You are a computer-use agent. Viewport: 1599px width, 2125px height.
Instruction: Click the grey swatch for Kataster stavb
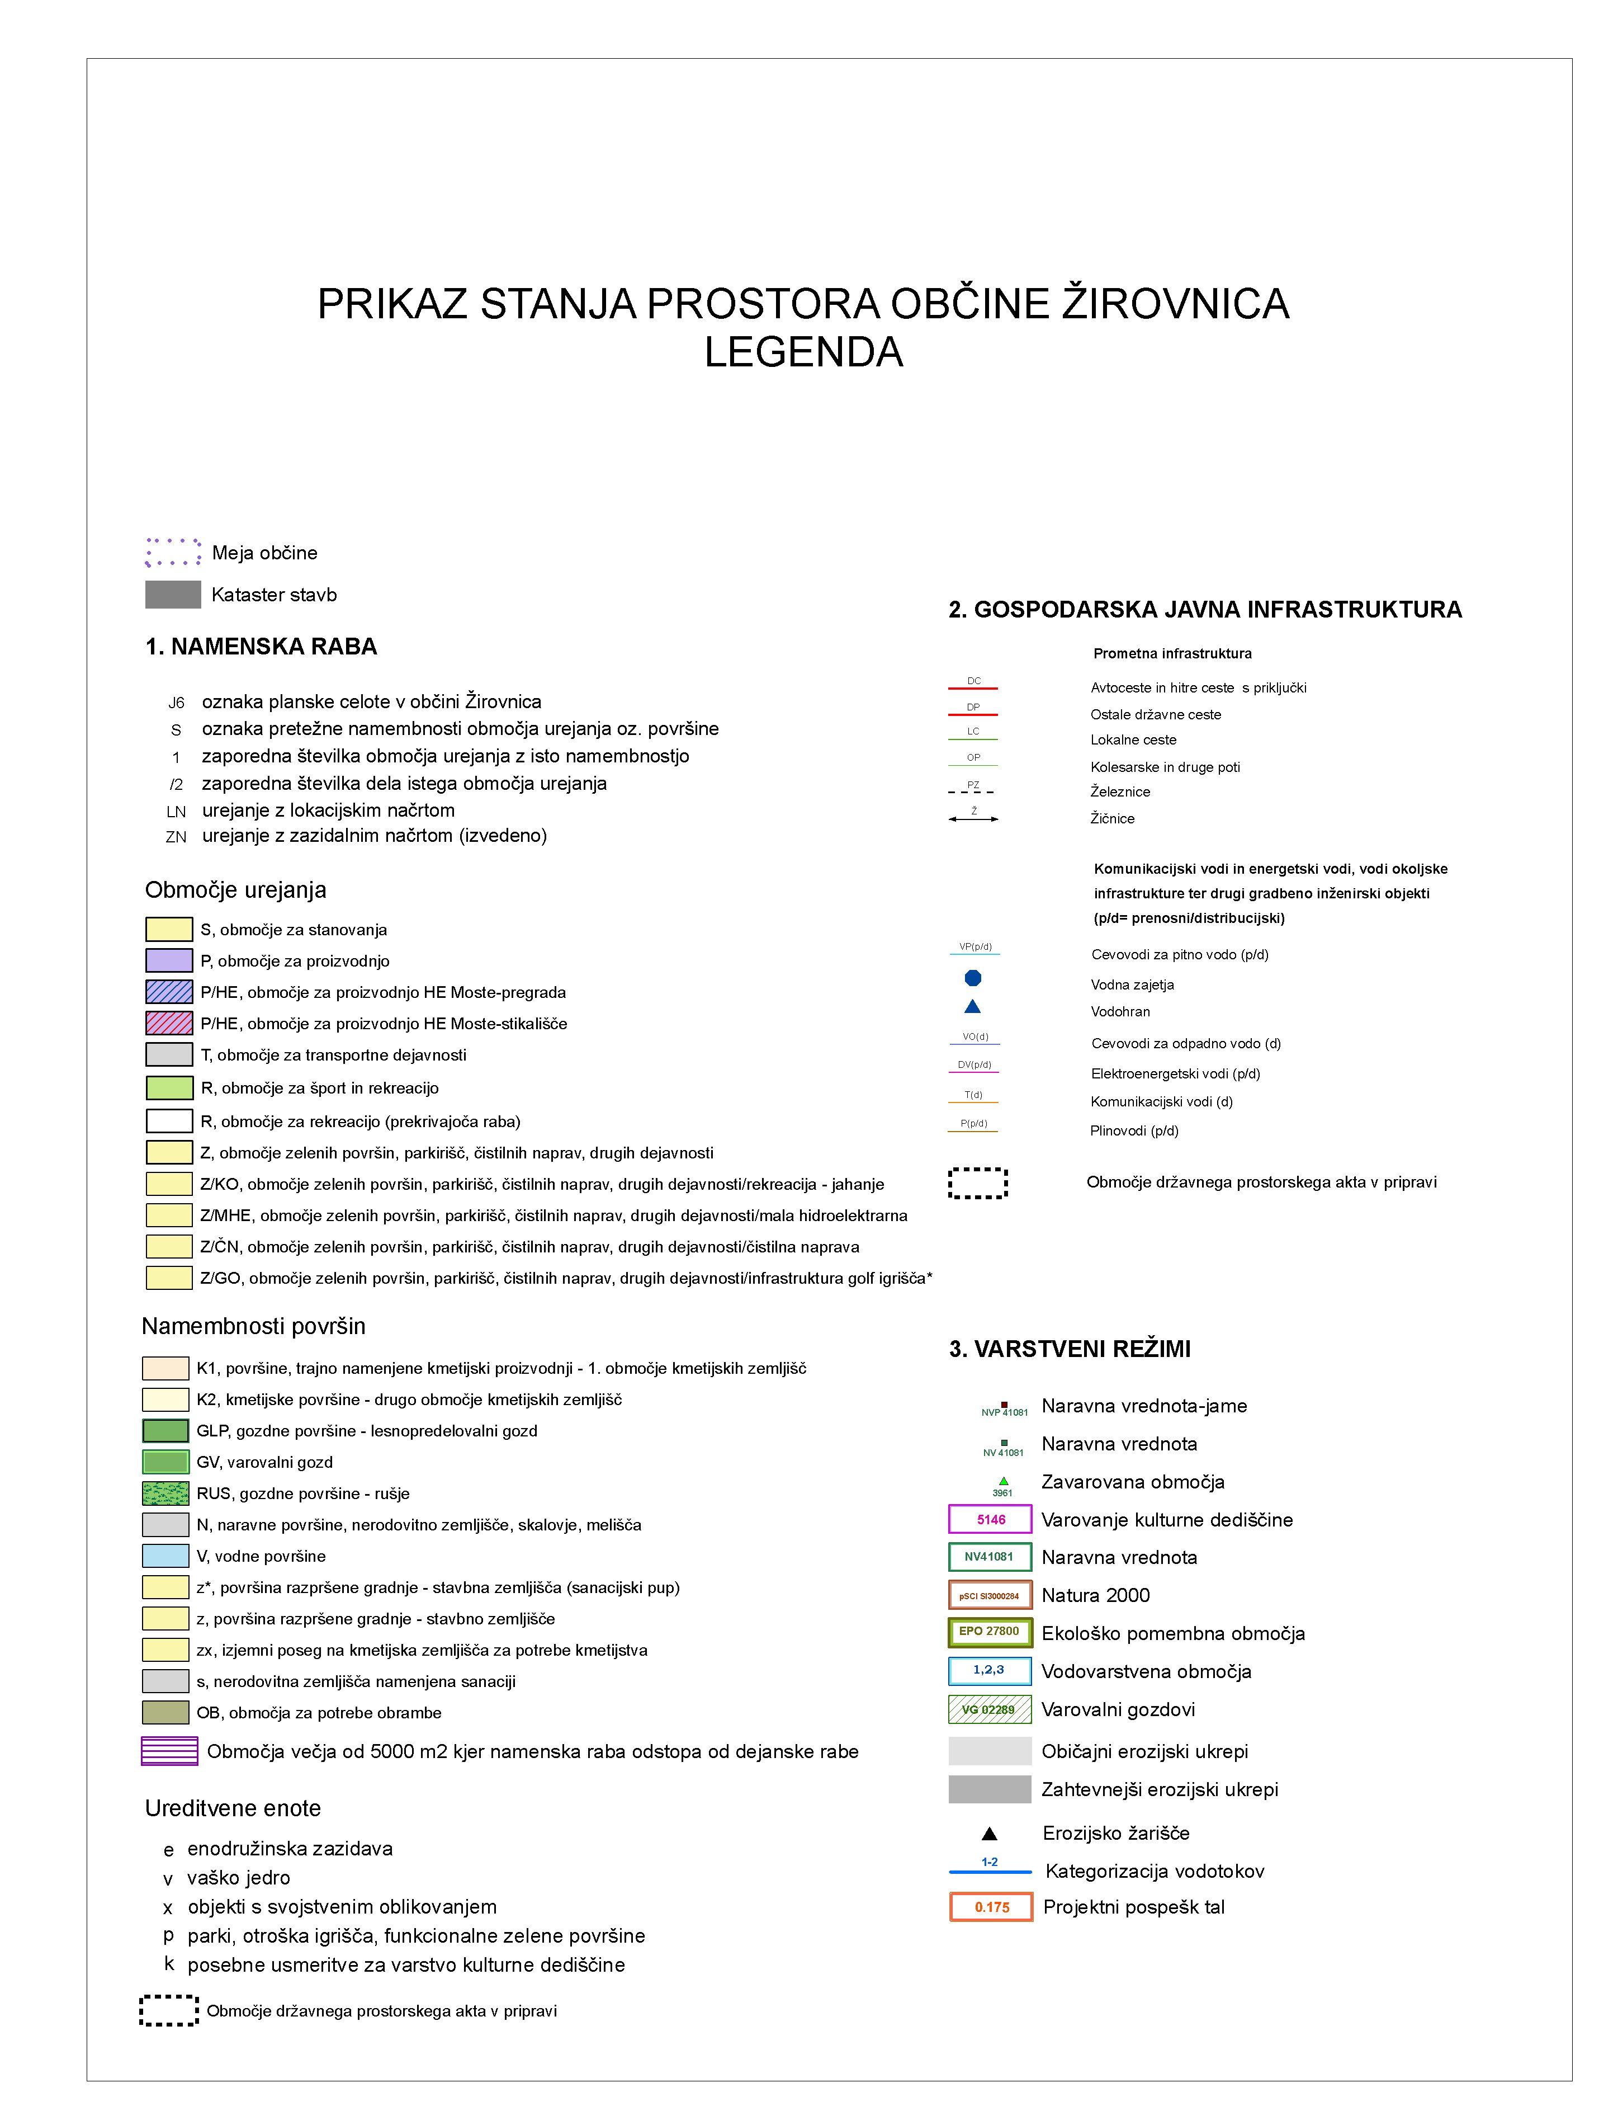coord(173,595)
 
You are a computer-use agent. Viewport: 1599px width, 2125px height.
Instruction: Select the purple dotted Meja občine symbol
coord(173,553)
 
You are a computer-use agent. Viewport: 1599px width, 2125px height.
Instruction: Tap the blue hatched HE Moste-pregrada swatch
coord(169,991)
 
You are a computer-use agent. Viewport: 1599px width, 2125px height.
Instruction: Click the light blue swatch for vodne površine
coord(165,1556)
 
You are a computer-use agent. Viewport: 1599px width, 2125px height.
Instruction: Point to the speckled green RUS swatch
coord(165,1493)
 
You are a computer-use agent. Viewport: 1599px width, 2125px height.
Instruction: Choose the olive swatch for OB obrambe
coord(165,1712)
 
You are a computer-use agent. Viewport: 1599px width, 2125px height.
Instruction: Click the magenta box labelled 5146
coord(990,1519)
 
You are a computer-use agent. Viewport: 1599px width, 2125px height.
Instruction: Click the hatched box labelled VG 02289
coord(990,1709)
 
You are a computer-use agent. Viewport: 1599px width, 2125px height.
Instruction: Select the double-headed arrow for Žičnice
coord(973,818)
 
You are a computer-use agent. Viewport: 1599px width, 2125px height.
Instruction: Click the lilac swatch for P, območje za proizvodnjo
coord(169,960)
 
